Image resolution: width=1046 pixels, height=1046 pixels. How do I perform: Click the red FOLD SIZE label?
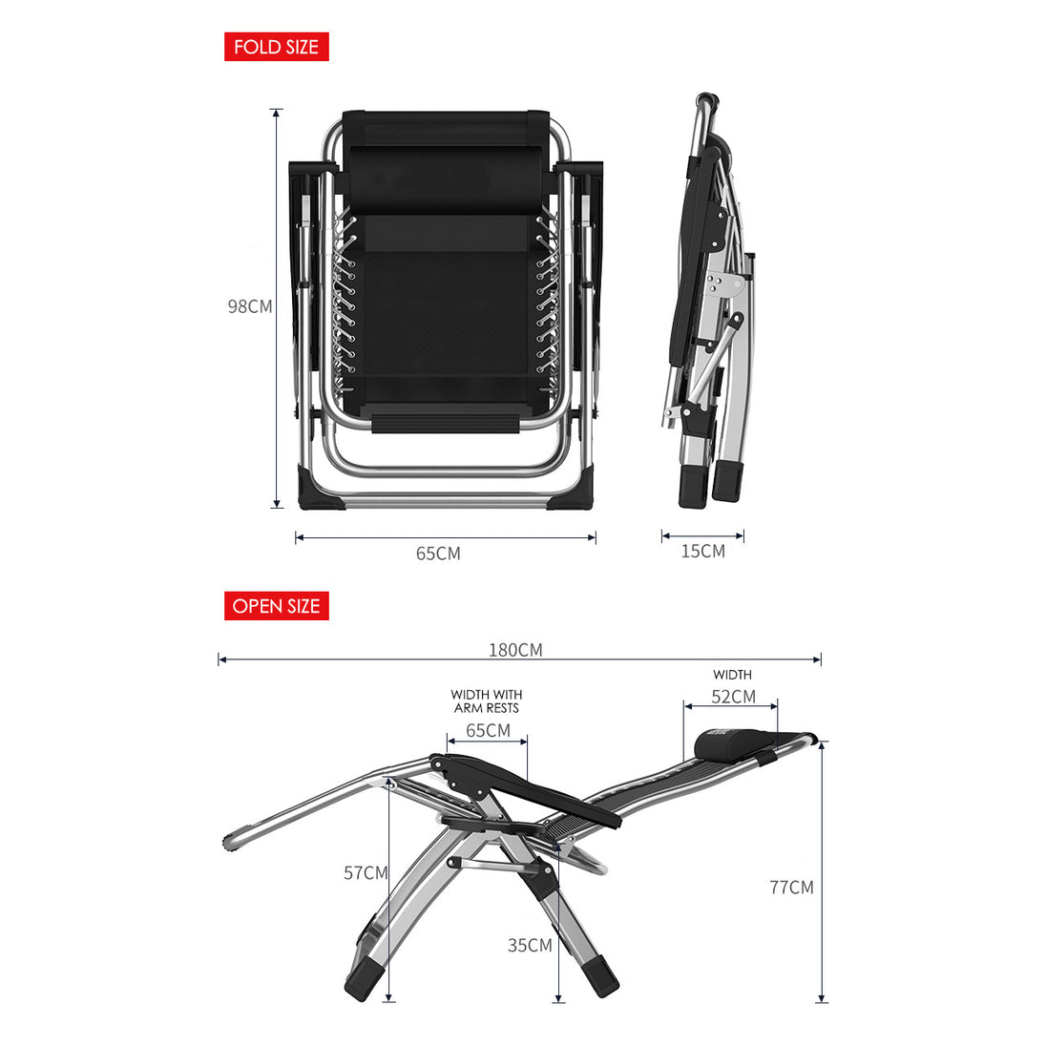[x=276, y=47]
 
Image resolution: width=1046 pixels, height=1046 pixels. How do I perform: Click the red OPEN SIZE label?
[x=276, y=606]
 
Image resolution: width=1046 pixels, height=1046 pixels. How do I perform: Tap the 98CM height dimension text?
[x=250, y=306]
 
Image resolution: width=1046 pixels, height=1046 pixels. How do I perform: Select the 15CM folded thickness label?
[x=703, y=551]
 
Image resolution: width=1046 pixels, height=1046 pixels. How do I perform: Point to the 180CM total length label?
[x=515, y=650]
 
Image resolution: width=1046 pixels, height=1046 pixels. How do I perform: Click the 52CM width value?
[x=733, y=697]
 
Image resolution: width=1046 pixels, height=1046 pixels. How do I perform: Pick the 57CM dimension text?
[x=366, y=872]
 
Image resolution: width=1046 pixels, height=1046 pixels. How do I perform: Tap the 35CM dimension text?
[x=530, y=945]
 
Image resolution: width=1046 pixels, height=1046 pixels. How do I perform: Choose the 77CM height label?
[x=791, y=888]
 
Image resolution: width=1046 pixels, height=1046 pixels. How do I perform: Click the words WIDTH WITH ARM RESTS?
[x=487, y=701]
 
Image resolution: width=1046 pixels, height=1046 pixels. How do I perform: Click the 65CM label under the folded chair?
[x=438, y=554]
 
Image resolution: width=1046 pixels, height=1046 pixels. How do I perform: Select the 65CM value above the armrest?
[x=488, y=730]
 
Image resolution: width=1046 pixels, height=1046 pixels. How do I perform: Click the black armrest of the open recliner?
[x=527, y=788]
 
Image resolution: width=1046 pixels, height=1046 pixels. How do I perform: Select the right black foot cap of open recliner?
[x=600, y=976]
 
